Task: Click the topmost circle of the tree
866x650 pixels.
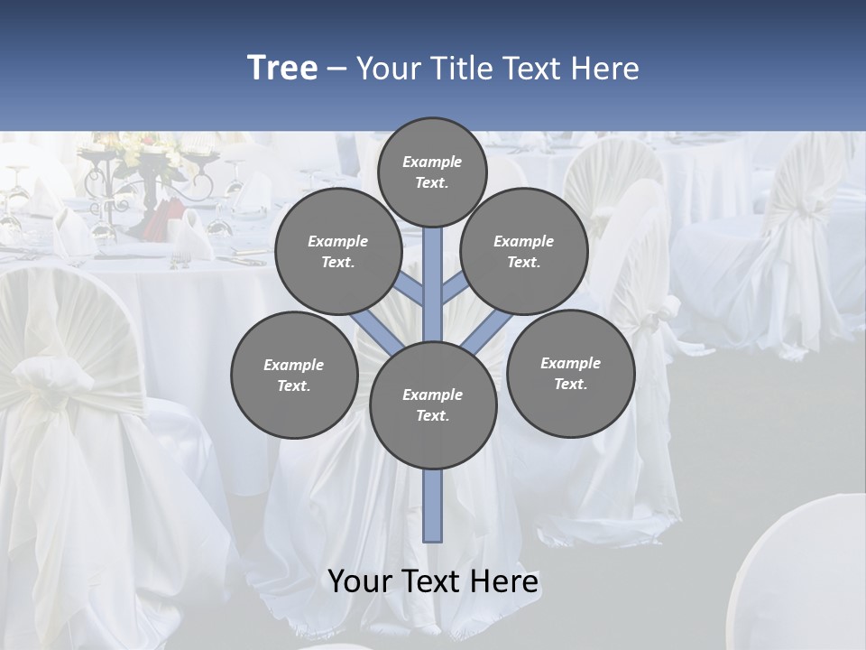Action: [432, 172]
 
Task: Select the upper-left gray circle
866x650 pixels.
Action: [338, 251]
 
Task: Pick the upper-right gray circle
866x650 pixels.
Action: [524, 251]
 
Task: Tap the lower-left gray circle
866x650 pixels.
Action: [294, 375]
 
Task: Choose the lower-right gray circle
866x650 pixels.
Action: [571, 373]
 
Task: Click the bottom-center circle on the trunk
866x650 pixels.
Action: [433, 405]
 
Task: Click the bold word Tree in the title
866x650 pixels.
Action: [282, 68]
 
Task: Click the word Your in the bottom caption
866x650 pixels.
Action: [361, 580]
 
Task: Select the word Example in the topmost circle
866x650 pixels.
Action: [432, 162]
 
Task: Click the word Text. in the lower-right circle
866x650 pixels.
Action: [570, 384]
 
